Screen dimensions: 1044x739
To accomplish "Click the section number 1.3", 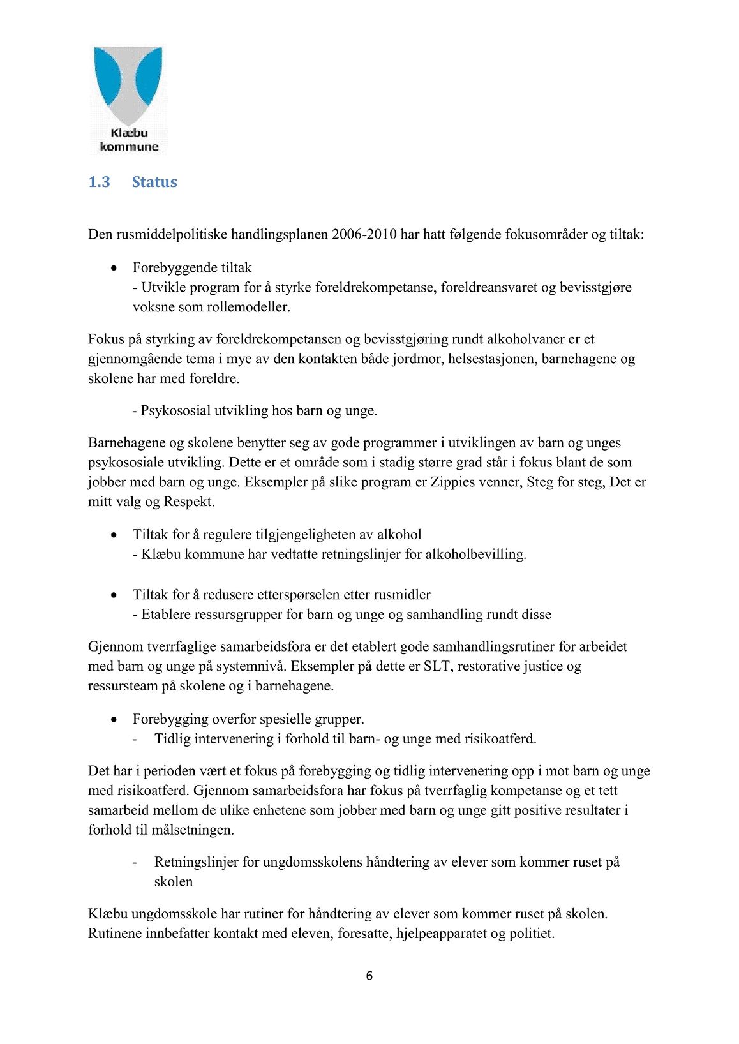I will (x=99, y=182).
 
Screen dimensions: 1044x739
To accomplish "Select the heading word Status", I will (x=154, y=182).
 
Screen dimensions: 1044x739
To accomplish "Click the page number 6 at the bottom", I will (x=369, y=976).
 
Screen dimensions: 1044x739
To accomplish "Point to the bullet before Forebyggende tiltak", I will (x=114, y=267).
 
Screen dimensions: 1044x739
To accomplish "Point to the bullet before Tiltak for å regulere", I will (x=114, y=534).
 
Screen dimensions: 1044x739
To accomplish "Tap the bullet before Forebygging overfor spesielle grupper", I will (x=114, y=719).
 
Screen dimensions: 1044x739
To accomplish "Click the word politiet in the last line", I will (x=531, y=934).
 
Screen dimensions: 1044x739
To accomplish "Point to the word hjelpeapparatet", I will (x=441, y=934).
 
